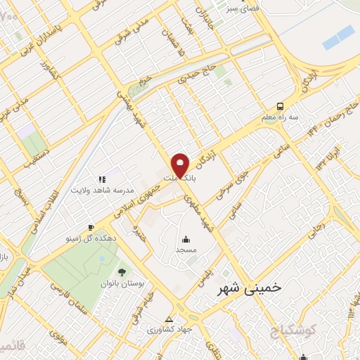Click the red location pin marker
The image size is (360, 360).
pos(181,164)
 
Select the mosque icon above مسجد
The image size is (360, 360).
pos(186,239)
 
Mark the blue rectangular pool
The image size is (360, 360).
pos(339,37)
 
